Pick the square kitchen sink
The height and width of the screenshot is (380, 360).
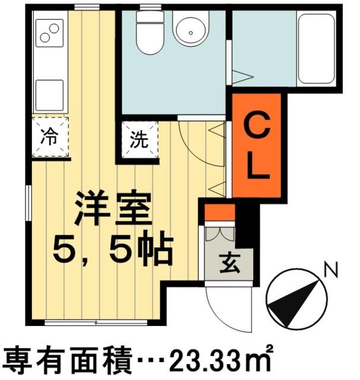[50, 94]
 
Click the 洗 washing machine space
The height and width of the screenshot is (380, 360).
[140, 141]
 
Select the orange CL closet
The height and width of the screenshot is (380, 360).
[258, 146]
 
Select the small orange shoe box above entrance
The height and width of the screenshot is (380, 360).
[220, 212]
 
